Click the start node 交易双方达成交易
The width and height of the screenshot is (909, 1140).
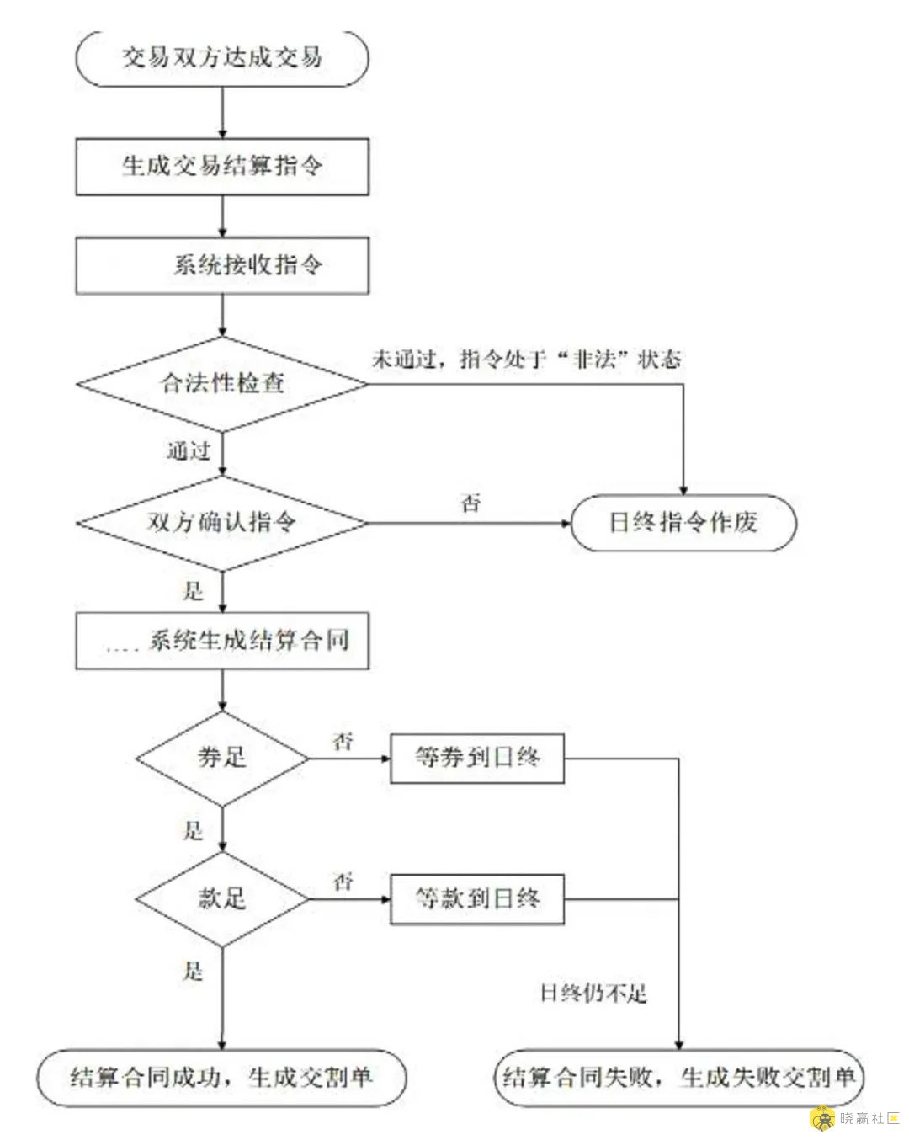222,58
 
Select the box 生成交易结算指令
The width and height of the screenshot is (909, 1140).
222,167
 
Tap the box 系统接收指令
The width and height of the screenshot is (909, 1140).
222,266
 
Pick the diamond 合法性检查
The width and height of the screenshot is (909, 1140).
222,384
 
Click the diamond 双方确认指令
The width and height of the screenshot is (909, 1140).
222,523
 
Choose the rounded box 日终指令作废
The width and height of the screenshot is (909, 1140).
683,523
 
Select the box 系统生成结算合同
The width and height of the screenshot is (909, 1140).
222,642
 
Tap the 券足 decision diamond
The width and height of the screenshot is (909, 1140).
222,758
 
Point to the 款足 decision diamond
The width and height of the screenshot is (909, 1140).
222,898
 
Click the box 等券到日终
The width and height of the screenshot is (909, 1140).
477,758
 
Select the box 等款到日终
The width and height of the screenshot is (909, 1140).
477,899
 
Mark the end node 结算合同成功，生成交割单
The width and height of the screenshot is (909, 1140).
221,1077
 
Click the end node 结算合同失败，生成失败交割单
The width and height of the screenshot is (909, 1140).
678,1077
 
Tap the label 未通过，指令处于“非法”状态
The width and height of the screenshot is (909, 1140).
526,360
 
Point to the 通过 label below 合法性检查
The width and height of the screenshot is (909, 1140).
188,452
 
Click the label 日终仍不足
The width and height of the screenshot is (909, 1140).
593,994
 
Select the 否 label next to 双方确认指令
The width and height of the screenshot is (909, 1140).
471,503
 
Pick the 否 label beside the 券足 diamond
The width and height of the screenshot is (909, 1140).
343,742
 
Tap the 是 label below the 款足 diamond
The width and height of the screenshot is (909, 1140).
194,972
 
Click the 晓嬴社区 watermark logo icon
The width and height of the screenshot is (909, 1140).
821,1118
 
